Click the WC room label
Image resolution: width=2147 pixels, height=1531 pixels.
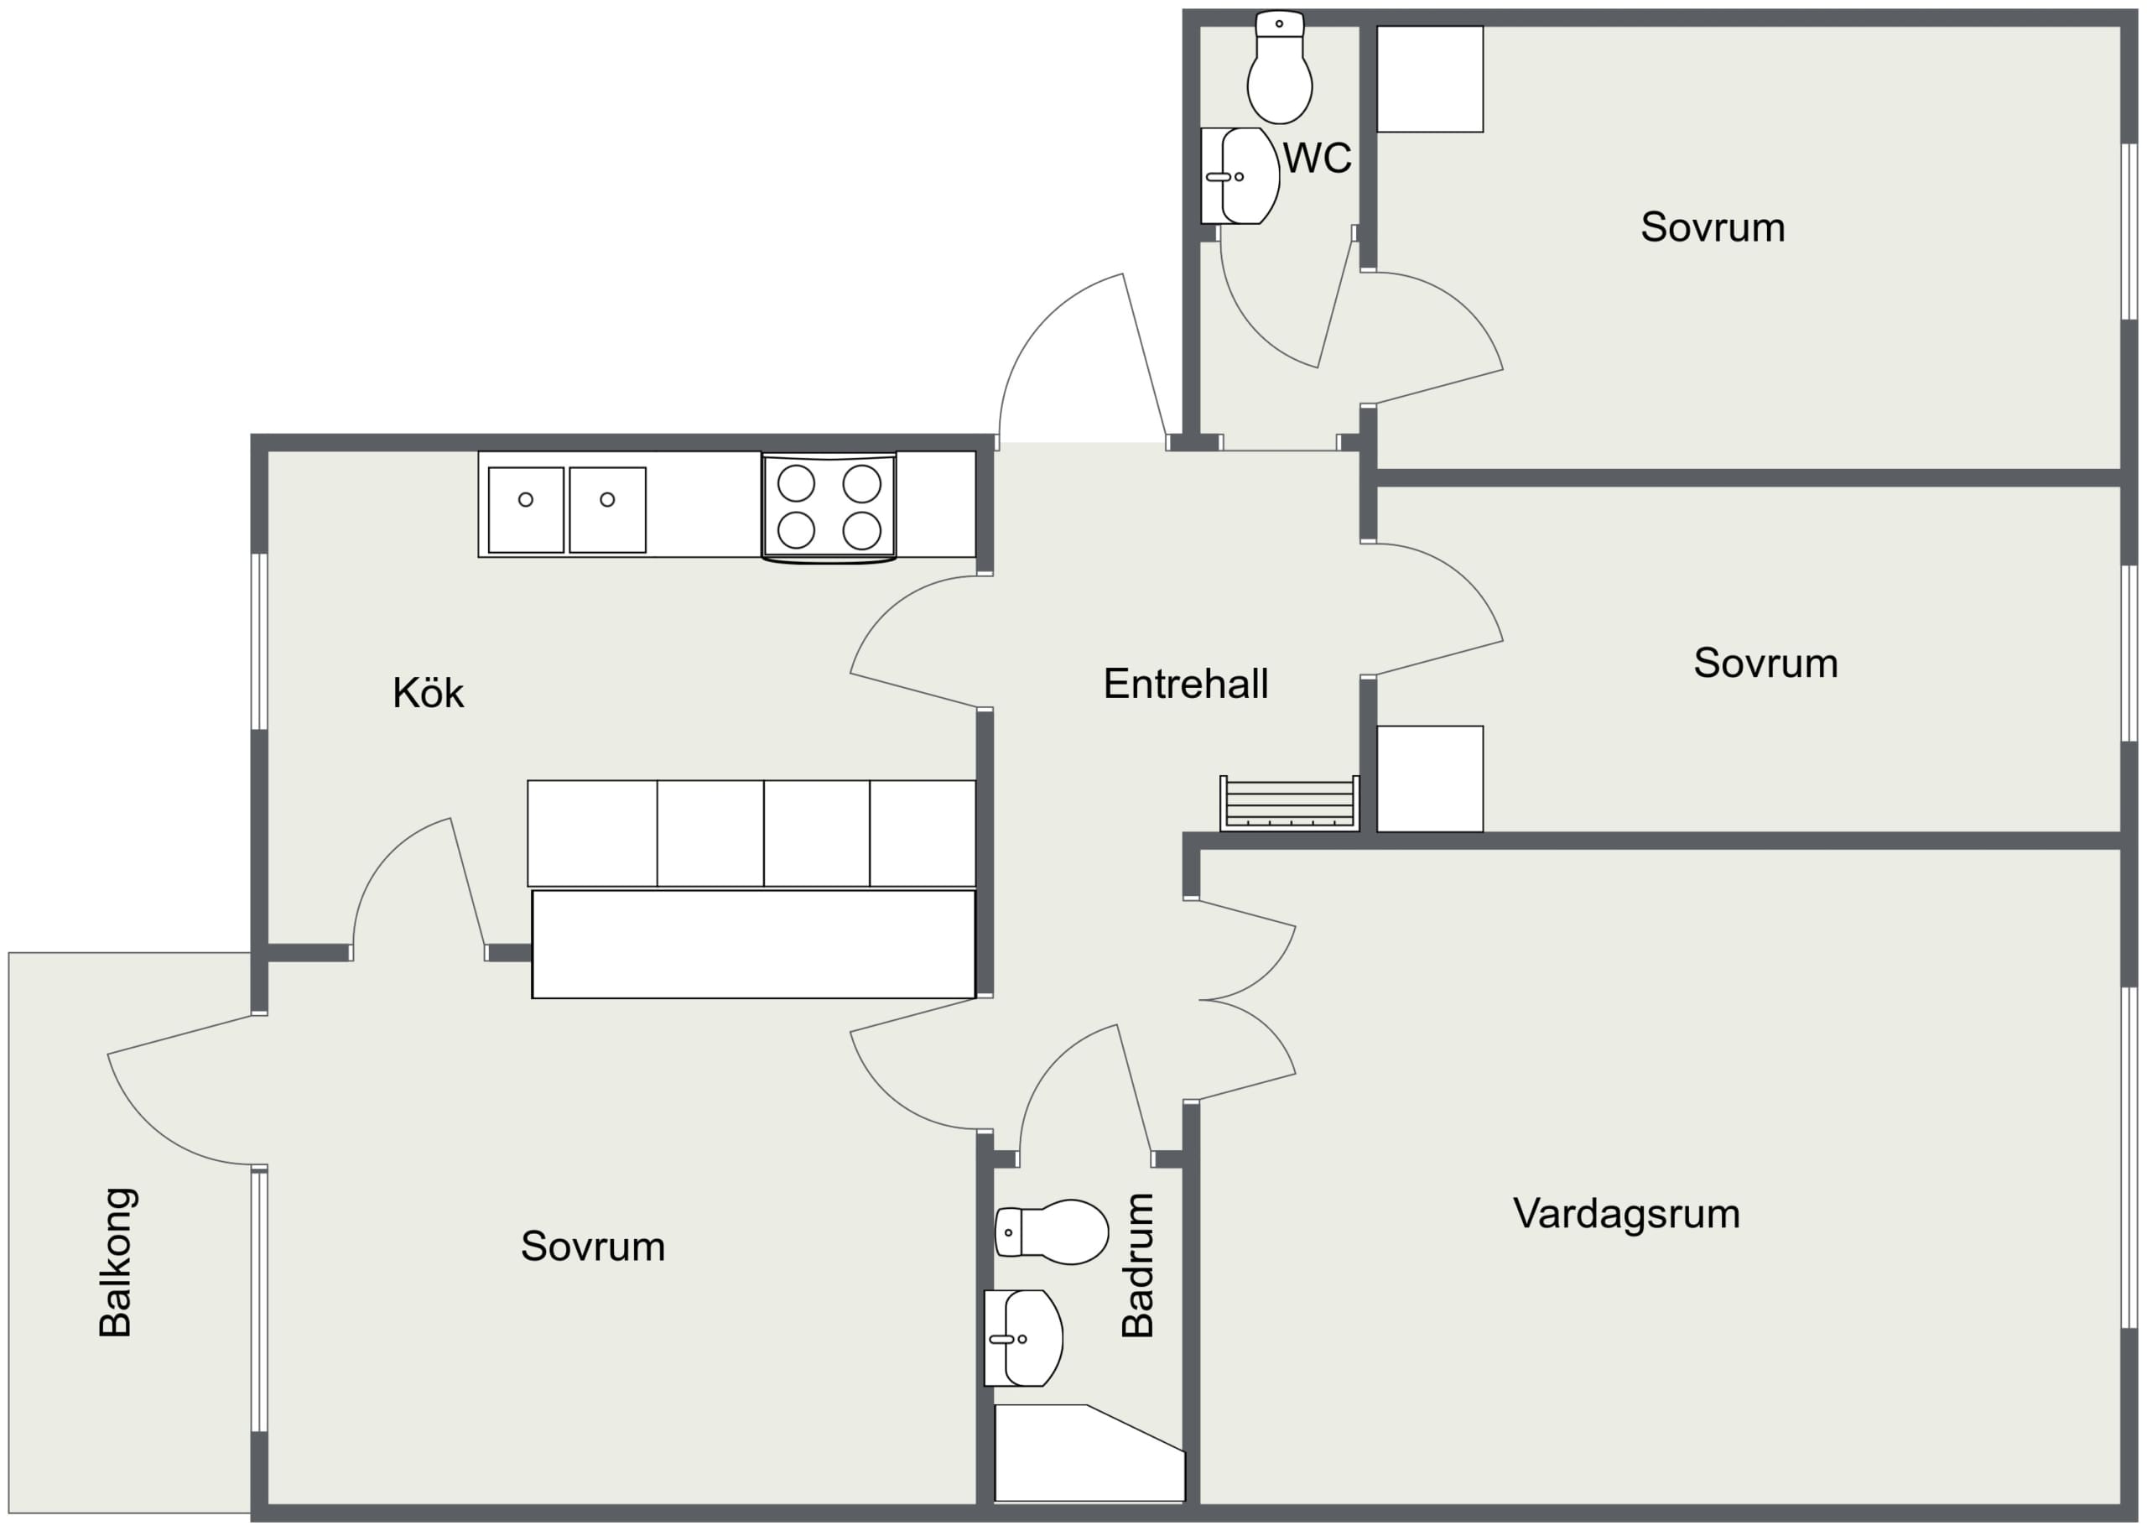tap(1317, 159)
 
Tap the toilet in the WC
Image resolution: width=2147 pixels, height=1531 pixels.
tap(1279, 68)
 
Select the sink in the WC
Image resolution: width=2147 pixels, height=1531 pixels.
tap(1240, 176)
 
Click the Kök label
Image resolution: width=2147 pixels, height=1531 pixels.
tap(428, 693)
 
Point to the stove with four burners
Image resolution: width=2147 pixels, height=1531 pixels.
tap(829, 508)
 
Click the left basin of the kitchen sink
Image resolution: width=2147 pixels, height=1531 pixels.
tap(526, 509)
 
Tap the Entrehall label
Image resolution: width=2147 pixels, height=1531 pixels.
tap(1186, 684)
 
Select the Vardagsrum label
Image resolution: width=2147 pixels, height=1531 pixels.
tap(1626, 1214)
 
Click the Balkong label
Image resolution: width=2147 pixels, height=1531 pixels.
tap(116, 1263)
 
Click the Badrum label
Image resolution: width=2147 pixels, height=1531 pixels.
tap(1137, 1265)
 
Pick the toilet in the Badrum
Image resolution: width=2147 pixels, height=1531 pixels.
tap(1052, 1232)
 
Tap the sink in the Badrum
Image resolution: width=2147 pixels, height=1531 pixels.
tap(1023, 1338)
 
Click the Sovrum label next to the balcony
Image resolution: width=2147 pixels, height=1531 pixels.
tap(593, 1247)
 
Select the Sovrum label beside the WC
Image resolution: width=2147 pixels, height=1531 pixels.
tap(1713, 227)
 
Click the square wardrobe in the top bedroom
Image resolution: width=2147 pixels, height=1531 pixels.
tap(1430, 79)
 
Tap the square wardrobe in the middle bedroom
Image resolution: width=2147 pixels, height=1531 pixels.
tap(1430, 779)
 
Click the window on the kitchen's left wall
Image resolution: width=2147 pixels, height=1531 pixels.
tap(259, 642)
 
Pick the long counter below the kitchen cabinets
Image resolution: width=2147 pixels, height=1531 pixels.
tap(753, 944)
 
